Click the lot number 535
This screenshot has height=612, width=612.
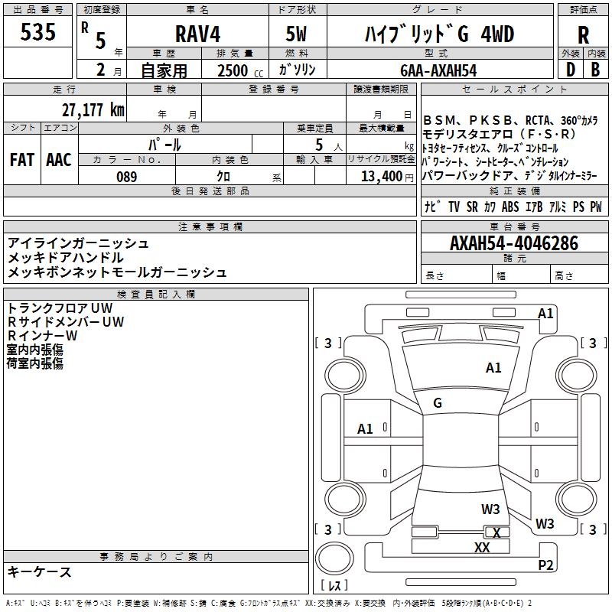[x=38, y=33]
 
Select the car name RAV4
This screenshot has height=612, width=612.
[x=197, y=34]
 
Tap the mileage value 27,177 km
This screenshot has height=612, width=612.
[x=93, y=109]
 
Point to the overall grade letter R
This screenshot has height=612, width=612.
[x=583, y=34]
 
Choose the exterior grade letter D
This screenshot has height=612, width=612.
[x=569, y=70]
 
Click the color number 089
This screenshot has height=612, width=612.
[x=126, y=177]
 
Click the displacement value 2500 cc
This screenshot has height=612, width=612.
[x=238, y=70]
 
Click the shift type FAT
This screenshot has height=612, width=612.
[x=22, y=159]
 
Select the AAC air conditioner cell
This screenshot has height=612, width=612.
[x=58, y=159]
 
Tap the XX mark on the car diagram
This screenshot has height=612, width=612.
[x=482, y=547]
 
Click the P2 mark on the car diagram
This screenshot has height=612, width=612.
[x=545, y=565]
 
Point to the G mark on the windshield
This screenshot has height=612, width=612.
[x=438, y=402]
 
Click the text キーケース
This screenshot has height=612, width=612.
[x=40, y=571]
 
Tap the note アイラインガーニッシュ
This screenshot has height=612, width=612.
[x=78, y=243]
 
